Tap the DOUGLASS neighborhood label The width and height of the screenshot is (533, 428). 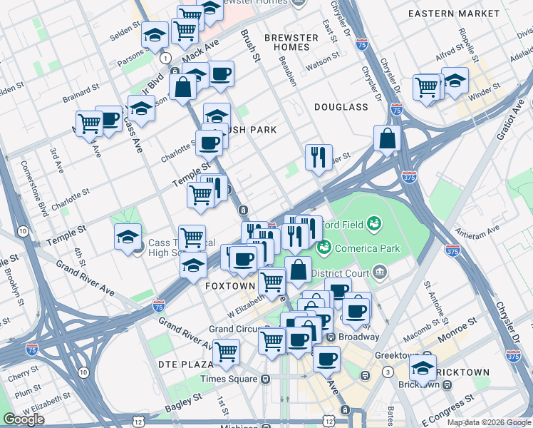pyautogui.click(x=341, y=107)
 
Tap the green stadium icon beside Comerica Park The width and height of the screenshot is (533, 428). pyautogui.click(x=324, y=248)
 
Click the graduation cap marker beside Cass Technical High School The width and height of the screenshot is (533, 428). pyautogui.click(x=127, y=236)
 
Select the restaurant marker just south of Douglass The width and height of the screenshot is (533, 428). pyautogui.click(x=319, y=156)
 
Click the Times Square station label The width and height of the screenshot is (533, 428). pyautogui.click(x=230, y=379)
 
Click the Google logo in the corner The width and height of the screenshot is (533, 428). pyautogui.click(x=24, y=419)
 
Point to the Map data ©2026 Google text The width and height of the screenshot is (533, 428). pyautogui.click(x=489, y=422)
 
